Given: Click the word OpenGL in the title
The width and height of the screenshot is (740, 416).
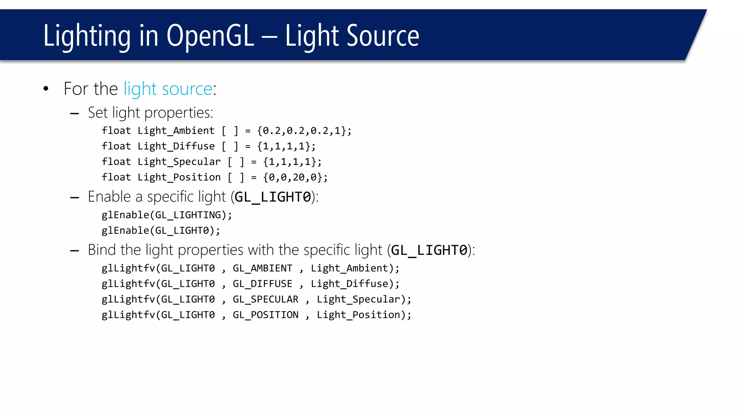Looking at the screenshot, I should click(x=210, y=36).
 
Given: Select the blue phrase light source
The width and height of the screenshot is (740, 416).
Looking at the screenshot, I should click(x=168, y=89).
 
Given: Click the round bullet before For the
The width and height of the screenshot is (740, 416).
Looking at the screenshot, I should click(x=46, y=89).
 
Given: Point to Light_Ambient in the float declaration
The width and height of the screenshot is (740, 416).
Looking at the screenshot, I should click(x=176, y=131).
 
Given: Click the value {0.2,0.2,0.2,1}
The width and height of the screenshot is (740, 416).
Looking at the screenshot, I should click(x=304, y=131).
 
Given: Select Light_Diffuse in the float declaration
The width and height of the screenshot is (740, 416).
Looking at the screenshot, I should click(x=176, y=146).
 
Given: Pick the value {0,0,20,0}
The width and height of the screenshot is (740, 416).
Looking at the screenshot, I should click(x=295, y=177).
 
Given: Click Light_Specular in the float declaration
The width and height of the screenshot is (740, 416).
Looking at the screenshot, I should click(x=179, y=162).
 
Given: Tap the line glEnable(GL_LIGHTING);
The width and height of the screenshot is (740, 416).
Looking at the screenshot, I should click(x=167, y=215).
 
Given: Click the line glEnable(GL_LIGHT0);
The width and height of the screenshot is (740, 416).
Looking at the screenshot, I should click(x=161, y=231).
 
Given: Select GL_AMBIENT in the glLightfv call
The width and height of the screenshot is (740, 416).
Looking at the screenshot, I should click(x=262, y=268).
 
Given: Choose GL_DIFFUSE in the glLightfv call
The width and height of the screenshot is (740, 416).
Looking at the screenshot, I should click(x=262, y=284).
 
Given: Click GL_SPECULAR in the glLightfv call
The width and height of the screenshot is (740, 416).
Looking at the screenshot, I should click(x=265, y=299).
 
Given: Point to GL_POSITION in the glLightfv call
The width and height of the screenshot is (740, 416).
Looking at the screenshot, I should click(x=265, y=315).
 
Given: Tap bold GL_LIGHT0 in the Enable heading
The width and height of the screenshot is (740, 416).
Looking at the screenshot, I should click(x=273, y=197).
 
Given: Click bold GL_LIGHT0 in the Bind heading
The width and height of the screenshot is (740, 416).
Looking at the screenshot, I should click(x=429, y=250).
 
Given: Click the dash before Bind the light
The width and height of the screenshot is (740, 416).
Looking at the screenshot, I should click(x=74, y=251).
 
